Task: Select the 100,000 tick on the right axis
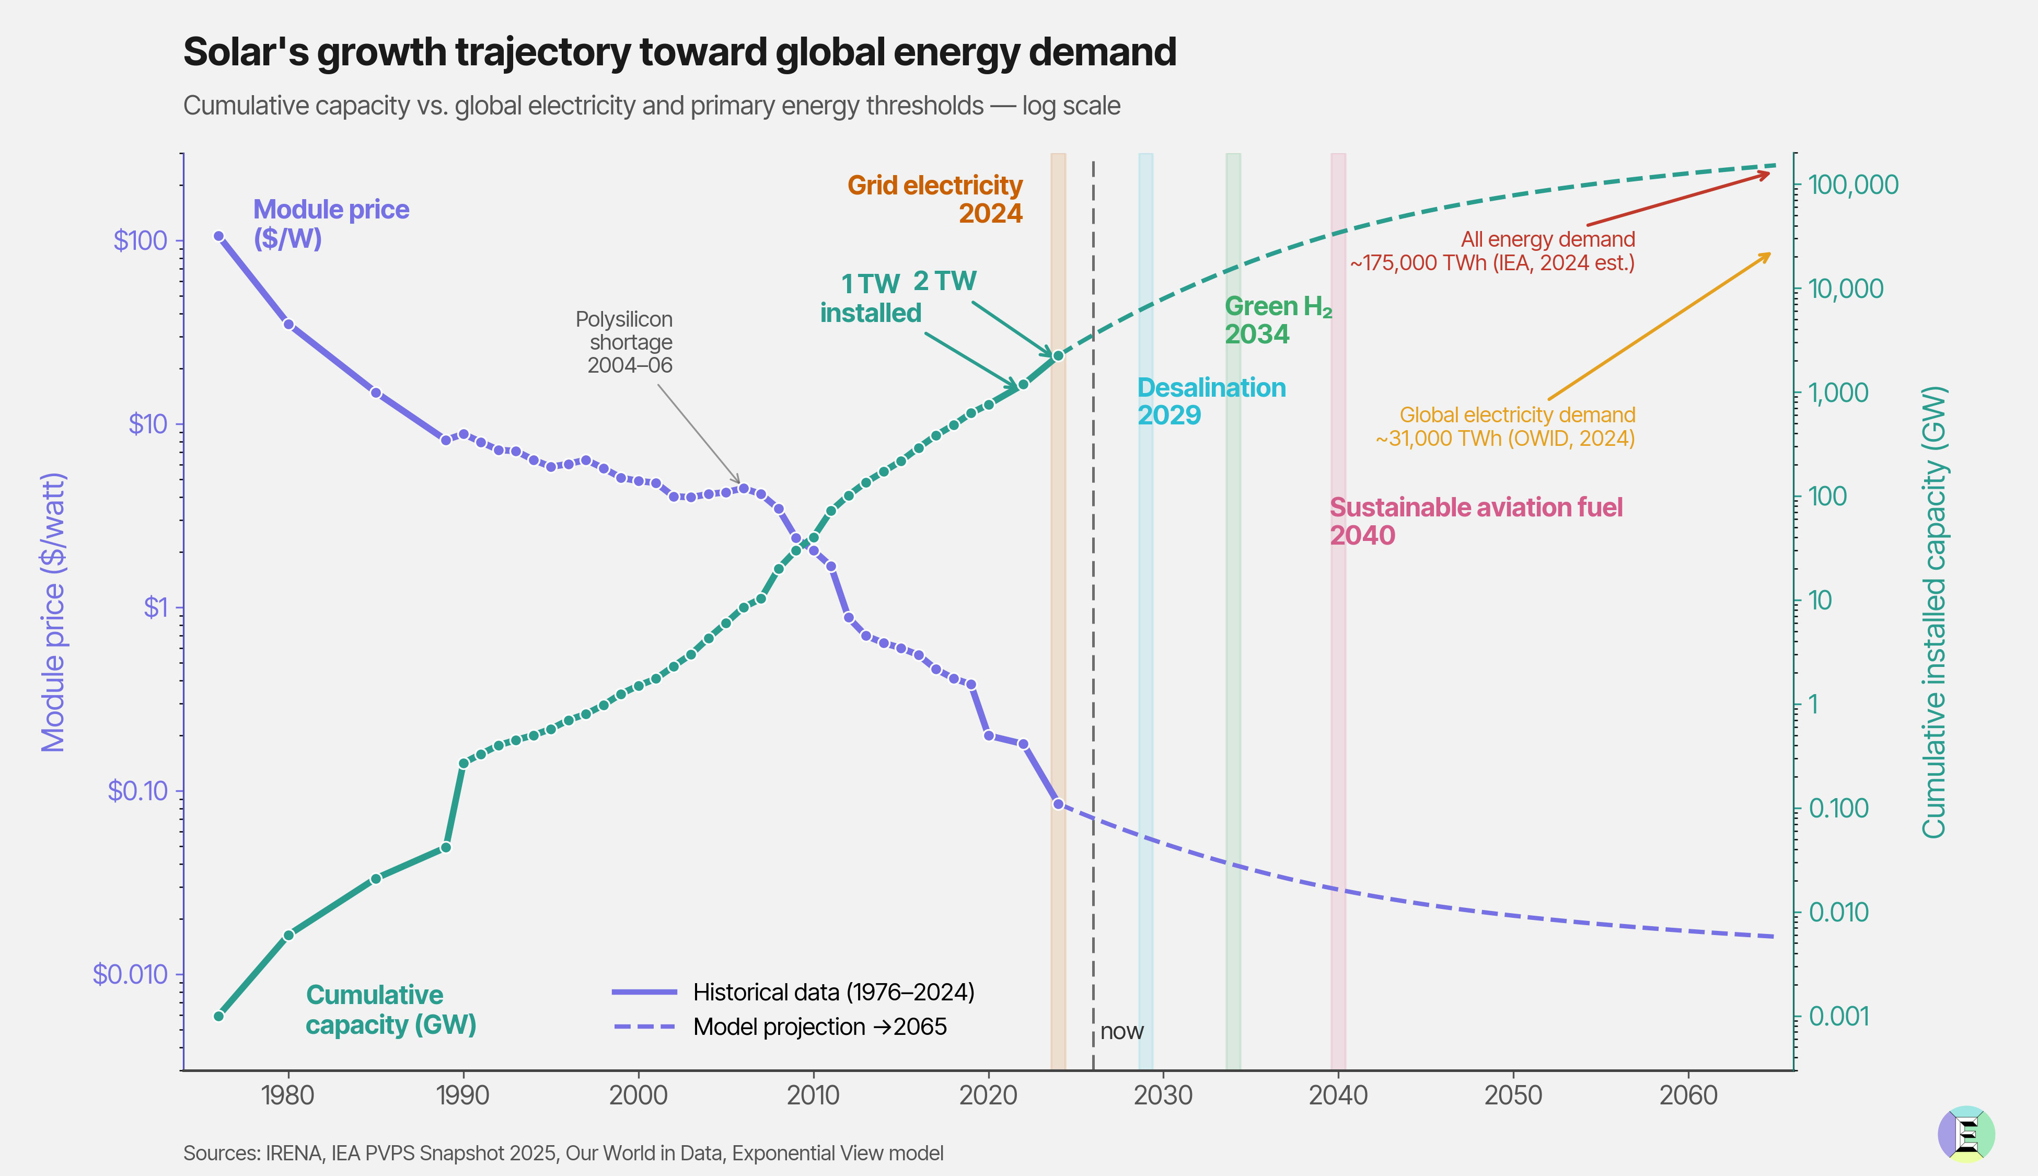coord(1853,185)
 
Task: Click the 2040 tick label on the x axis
coord(1338,1096)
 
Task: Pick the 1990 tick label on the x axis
coord(462,1096)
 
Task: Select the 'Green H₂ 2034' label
coord(1277,320)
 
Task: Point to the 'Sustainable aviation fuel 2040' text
coord(1475,521)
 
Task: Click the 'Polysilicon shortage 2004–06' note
coord(624,342)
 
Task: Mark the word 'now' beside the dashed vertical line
coord(1121,1031)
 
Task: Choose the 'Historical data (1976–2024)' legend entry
coord(833,992)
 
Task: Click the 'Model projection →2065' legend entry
coord(819,1027)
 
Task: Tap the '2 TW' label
coord(945,281)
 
